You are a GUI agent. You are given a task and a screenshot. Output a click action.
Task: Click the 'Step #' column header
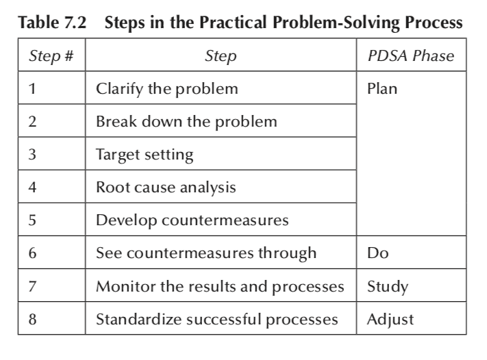[x=51, y=56]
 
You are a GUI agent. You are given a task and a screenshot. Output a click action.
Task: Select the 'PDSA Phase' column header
[x=411, y=56]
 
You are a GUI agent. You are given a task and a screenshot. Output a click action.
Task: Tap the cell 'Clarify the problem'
[x=167, y=89]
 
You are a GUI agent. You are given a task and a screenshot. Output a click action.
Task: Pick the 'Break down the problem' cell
[x=186, y=122]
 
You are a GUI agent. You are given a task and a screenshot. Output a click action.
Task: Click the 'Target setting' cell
[x=145, y=155]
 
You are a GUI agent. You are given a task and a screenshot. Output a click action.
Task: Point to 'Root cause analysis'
[x=166, y=188]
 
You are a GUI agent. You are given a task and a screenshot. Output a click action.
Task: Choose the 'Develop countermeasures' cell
[x=192, y=220]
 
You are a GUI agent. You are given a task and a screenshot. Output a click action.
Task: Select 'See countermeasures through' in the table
[x=206, y=253]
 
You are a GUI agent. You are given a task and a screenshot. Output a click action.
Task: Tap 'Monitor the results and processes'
[x=220, y=287]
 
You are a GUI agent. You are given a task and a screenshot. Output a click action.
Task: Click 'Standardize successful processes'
[x=217, y=320]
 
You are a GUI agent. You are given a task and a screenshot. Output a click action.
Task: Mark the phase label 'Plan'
[x=382, y=89]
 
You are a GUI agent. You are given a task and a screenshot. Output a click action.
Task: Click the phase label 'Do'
[x=378, y=253]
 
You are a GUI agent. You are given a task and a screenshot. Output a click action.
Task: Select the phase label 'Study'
[x=388, y=287]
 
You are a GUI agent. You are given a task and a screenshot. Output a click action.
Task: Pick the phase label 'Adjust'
[x=390, y=320]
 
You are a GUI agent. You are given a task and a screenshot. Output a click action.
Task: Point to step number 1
[x=32, y=89]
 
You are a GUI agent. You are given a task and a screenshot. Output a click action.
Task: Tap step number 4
[x=32, y=188]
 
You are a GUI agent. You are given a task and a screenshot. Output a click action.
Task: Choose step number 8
[x=32, y=320]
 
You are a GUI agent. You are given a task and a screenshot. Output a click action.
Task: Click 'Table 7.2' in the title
[x=52, y=23]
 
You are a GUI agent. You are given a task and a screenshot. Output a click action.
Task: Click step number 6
[x=32, y=253]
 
